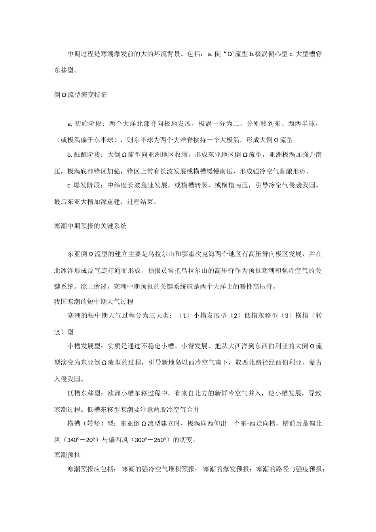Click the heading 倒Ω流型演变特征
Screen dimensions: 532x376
point(80,95)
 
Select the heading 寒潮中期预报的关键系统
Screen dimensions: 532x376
point(90,226)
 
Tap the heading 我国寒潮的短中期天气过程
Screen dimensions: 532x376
point(93,302)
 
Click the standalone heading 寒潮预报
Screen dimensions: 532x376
point(67,455)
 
